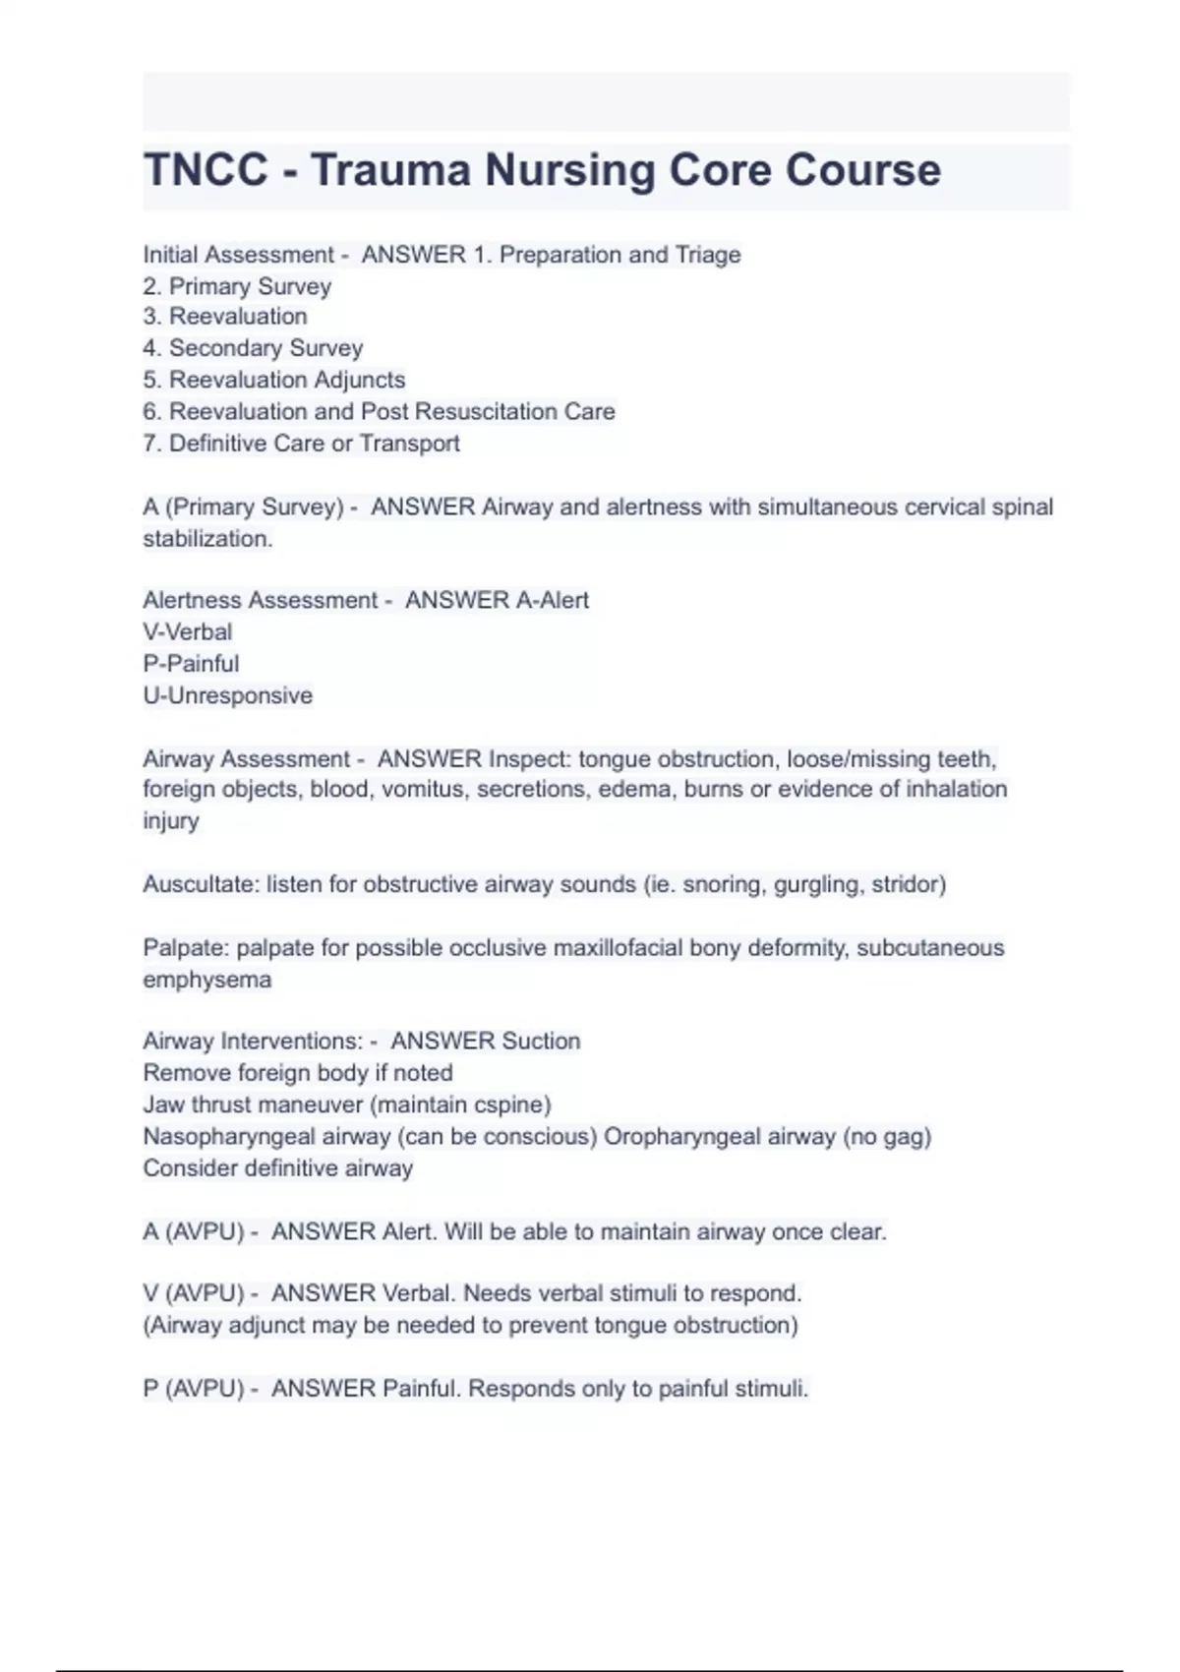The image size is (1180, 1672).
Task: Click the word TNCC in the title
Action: [x=206, y=170]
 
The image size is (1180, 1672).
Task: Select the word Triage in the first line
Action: [x=708, y=255]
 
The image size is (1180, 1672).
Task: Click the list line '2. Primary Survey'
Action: [x=237, y=286]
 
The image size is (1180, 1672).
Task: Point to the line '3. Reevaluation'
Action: [x=225, y=317]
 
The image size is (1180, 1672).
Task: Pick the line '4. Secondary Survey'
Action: [x=253, y=348]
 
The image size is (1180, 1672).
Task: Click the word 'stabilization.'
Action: [x=207, y=539]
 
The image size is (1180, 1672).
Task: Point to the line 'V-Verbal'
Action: [x=188, y=631]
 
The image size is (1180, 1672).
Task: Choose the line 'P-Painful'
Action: [x=191, y=664]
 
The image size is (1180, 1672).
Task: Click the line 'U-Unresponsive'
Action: [x=228, y=695]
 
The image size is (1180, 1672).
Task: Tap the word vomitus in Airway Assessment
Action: [x=422, y=789]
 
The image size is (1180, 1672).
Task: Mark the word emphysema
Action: [x=206, y=980]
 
